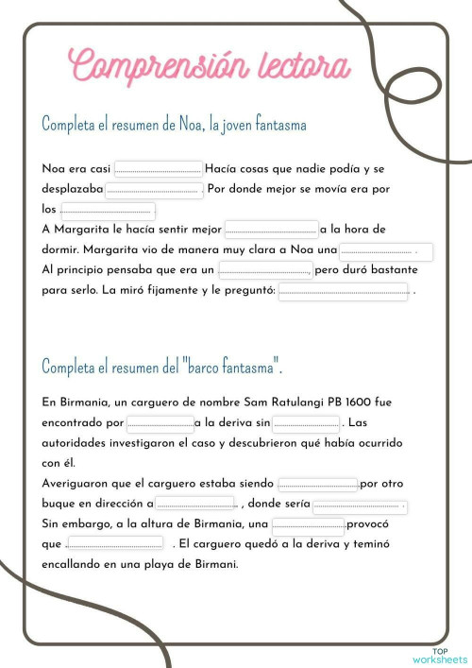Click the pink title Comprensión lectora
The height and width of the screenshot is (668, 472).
(x=211, y=66)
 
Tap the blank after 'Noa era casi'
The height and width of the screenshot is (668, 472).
(x=158, y=169)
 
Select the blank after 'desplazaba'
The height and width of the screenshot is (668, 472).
(x=153, y=189)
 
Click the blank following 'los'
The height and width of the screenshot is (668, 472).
(x=107, y=210)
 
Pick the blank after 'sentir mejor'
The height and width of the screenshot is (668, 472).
(x=271, y=230)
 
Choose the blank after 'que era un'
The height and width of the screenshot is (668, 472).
(x=265, y=271)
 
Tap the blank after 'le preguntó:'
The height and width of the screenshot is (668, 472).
(x=344, y=292)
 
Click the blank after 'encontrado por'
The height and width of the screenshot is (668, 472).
(x=160, y=423)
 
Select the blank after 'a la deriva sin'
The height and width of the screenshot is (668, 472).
(x=305, y=423)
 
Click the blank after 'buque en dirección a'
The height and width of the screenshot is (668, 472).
(x=195, y=504)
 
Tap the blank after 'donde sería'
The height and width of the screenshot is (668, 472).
(x=359, y=505)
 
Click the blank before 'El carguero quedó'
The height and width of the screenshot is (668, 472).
(x=115, y=544)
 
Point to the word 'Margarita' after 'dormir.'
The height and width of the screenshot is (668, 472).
(x=118, y=249)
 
